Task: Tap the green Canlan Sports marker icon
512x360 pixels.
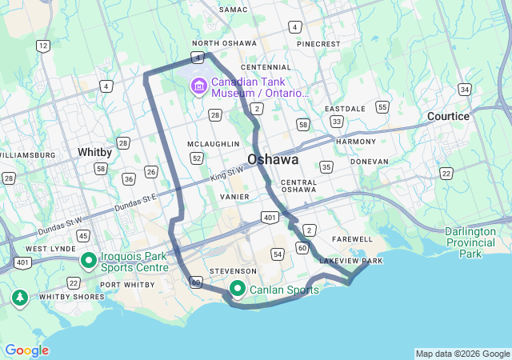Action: point(238,289)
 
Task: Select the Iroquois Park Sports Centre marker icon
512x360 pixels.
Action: point(88,259)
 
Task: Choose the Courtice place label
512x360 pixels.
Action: point(448,116)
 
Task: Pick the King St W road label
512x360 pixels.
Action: point(226,172)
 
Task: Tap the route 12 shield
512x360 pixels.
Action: point(42,46)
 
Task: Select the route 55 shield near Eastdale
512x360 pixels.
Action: point(382,106)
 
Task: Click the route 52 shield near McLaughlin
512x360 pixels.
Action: point(196,158)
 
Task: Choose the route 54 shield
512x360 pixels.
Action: point(277,254)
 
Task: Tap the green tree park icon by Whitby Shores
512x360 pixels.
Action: point(19,298)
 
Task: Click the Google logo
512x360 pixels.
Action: point(26,350)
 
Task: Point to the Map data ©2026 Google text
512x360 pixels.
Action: point(462,354)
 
